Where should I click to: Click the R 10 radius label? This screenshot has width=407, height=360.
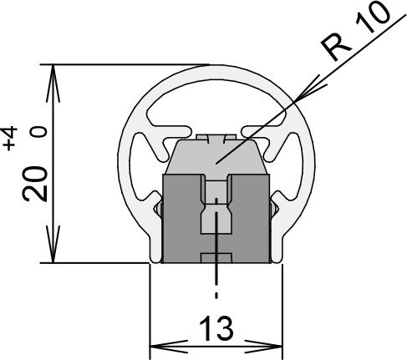click(x=356, y=31)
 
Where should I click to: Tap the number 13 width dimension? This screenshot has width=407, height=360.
click(x=216, y=329)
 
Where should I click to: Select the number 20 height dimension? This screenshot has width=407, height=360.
click(x=35, y=184)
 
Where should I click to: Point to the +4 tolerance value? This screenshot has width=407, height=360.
click(x=10, y=139)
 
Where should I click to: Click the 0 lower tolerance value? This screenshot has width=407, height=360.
click(x=38, y=131)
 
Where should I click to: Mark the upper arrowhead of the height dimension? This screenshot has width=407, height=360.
click(x=53, y=83)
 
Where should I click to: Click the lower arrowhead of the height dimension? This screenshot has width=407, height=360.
click(x=53, y=244)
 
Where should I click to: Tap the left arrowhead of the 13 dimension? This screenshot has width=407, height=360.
click(x=169, y=347)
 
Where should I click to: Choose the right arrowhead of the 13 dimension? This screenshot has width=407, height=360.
click(x=263, y=347)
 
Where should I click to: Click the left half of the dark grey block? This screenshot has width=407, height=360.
click(x=181, y=219)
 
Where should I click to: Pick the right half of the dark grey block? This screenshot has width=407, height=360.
click(x=249, y=219)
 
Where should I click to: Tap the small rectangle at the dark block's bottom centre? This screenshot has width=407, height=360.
click(x=216, y=258)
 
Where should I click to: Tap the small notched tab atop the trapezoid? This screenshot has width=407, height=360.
click(x=216, y=138)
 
